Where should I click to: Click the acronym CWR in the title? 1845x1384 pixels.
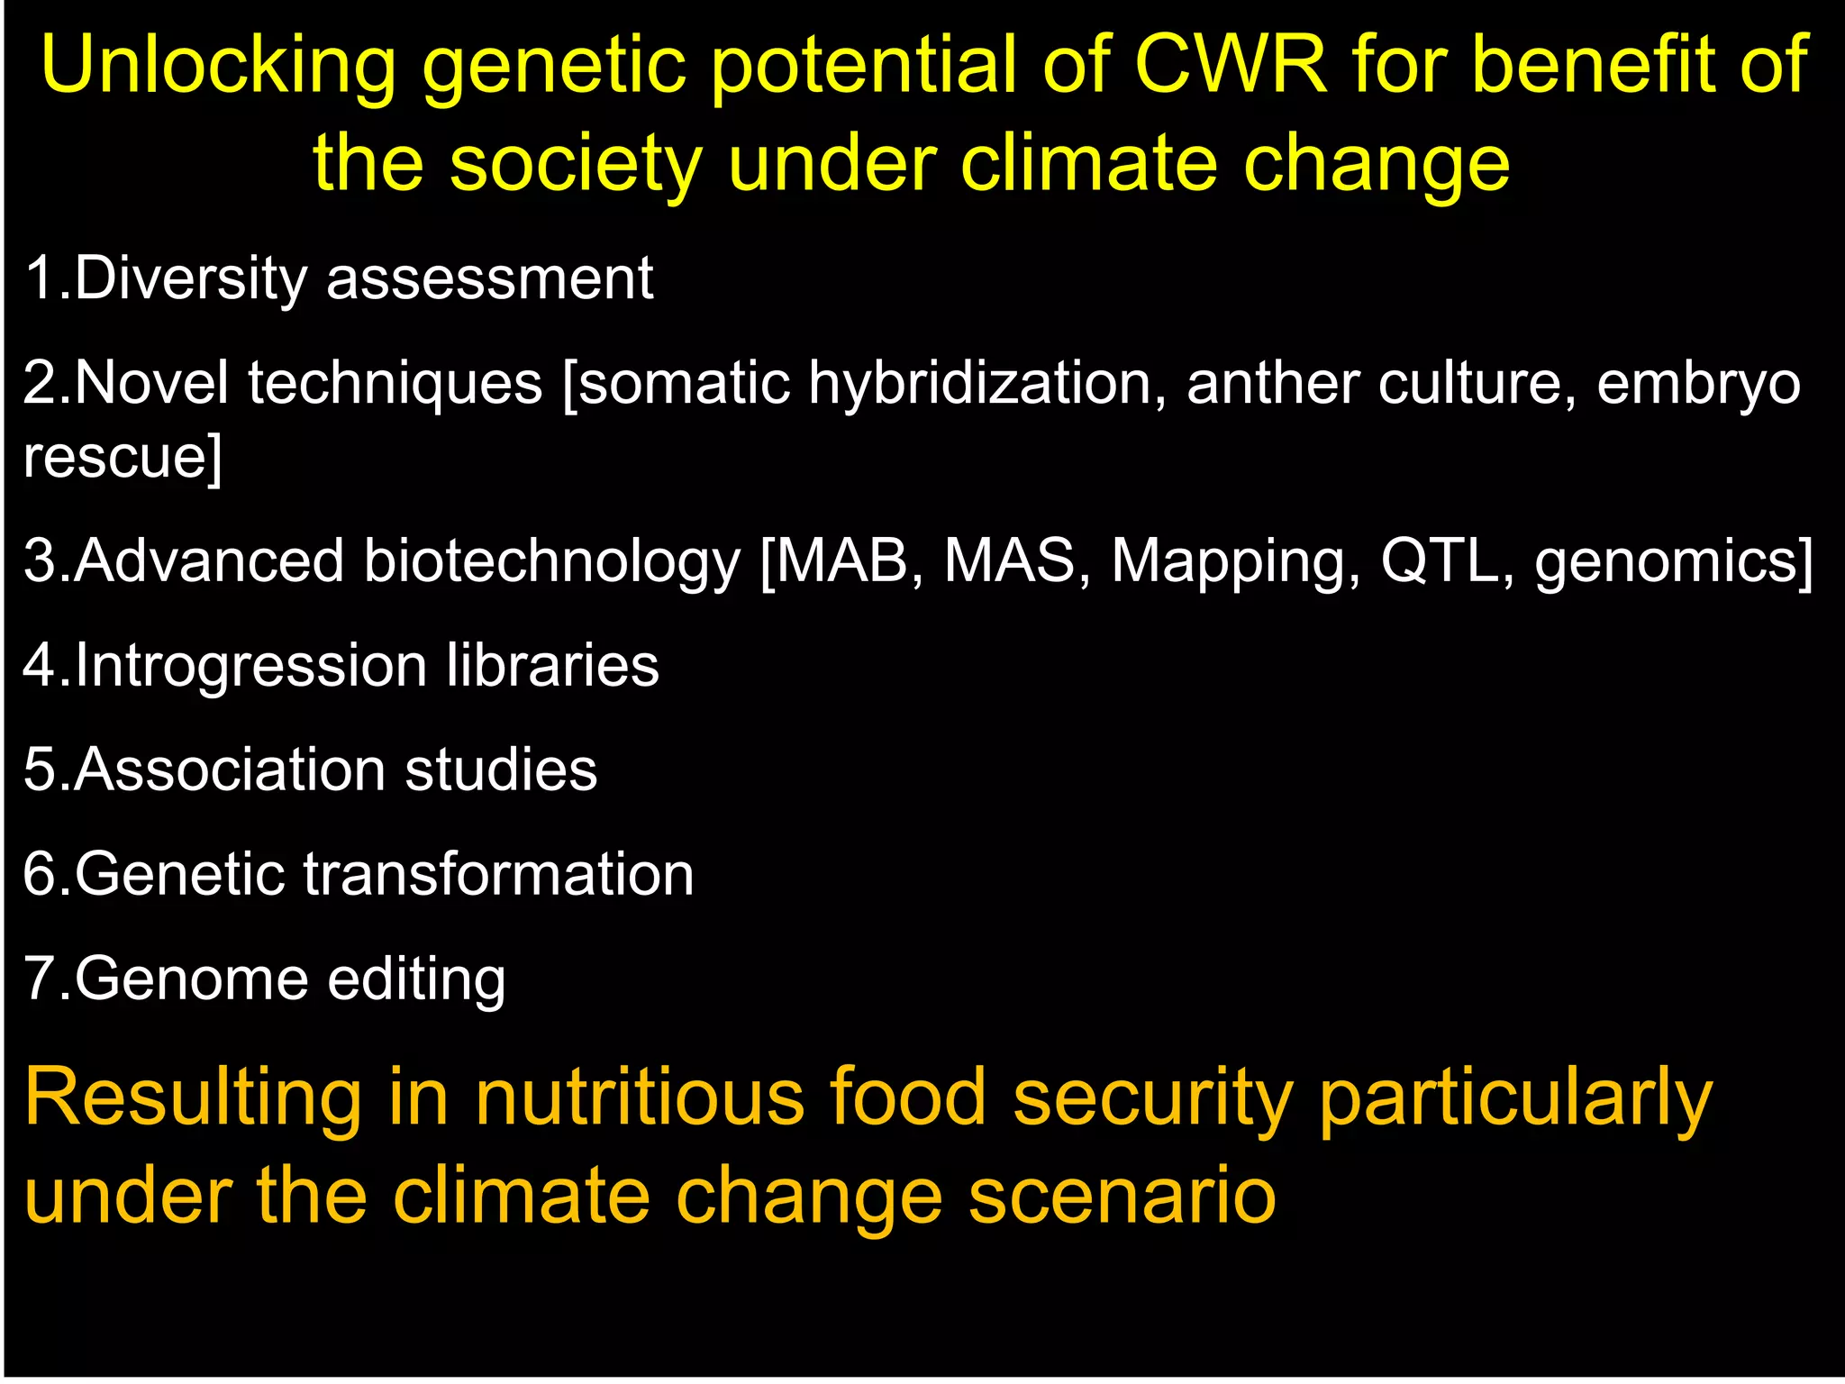1230,65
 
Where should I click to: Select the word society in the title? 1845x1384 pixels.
576,165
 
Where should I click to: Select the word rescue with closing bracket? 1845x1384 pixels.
123,456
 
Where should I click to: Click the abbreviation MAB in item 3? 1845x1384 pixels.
842,560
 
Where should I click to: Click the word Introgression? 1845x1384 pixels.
251,668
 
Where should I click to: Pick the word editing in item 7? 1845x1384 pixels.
415,980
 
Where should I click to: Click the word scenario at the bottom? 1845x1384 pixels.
1122,1197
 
